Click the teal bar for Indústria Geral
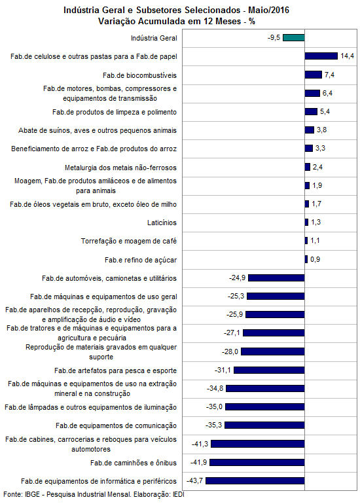tap(294, 37)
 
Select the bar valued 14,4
tap(321, 56)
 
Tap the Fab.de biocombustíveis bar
tap(314, 75)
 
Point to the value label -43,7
tap(195, 480)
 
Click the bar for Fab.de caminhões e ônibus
tap(257, 462)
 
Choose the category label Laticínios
tap(162, 223)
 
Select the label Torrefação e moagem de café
tap(129, 241)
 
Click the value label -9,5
tap(274, 37)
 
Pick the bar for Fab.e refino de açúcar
tap(306, 259)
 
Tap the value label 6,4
tap(327, 93)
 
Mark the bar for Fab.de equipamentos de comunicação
tap(264, 425)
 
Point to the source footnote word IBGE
tap(33, 494)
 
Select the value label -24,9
tap(237, 278)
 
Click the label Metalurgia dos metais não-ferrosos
tap(121, 168)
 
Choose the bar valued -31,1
tap(269, 370)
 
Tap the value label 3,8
tap(322, 130)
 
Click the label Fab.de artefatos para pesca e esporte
tap(116, 370)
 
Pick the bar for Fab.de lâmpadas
tap(265, 406)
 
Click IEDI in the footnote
tap(179, 494)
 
